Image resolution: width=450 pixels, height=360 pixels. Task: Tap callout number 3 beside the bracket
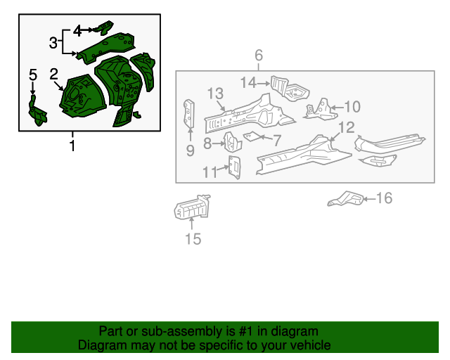pyautogui.click(x=53, y=43)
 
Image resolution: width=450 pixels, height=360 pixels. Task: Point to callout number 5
pyautogui.click(x=32, y=75)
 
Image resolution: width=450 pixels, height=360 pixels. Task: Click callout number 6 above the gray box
pyautogui.click(x=259, y=56)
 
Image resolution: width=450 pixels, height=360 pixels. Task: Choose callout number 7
pyautogui.click(x=276, y=140)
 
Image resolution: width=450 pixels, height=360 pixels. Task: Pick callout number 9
pyautogui.click(x=190, y=150)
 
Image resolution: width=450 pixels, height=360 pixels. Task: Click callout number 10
pyautogui.click(x=352, y=107)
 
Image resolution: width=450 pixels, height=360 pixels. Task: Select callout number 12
pyautogui.click(x=347, y=127)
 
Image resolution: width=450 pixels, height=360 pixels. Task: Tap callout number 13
pyautogui.click(x=214, y=94)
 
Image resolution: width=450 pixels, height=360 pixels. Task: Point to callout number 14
pyautogui.click(x=248, y=83)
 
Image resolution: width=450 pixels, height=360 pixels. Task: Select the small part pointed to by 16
pyautogui.click(x=345, y=199)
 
